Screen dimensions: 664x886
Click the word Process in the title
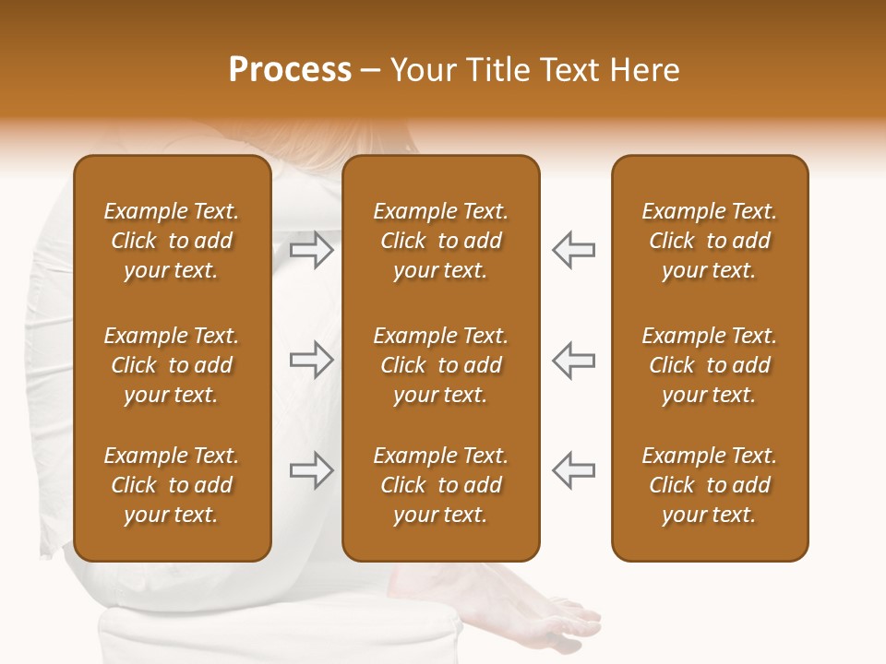click(x=290, y=70)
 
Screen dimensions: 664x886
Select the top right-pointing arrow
click(x=312, y=250)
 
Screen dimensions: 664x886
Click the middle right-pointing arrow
click(x=312, y=360)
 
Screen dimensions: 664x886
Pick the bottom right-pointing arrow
click(x=312, y=469)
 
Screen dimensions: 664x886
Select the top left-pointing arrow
click(x=573, y=250)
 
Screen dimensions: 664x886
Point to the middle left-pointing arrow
click(x=573, y=360)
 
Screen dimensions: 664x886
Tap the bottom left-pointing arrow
click(x=573, y=469)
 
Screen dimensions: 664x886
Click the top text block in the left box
click(x=172, y=241)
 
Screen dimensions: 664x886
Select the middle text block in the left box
click(x=172, y=365)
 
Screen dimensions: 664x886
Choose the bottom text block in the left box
click(x=172, y=485)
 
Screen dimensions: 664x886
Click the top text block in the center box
click(x=440, y=241)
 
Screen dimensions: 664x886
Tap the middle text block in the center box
click(x=440, y=365)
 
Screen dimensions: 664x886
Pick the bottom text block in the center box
click(x=440, y=485)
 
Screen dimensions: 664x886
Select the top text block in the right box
click(x=709, y=241)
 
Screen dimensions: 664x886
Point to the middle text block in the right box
click(x=709, y=365)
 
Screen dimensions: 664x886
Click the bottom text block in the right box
click(x=709, y=485)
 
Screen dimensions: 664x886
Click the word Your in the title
click(x=421, y=70)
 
